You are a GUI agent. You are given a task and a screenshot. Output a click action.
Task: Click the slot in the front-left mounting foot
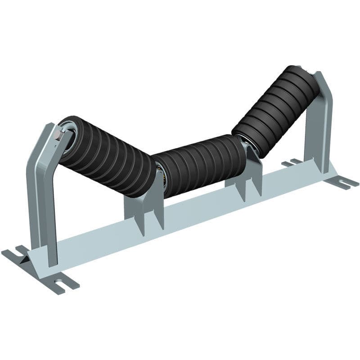61,284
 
